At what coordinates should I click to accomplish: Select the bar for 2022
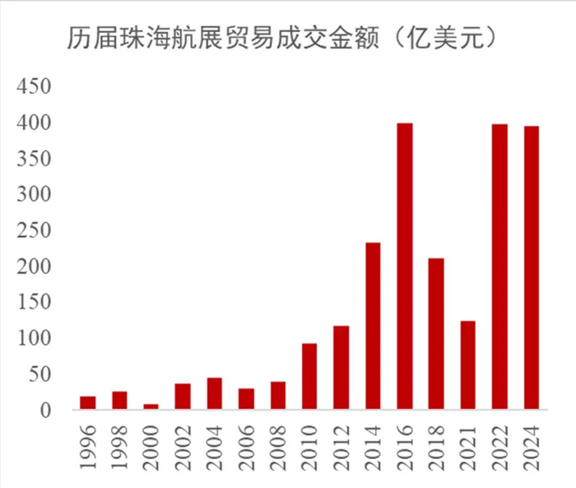click(499, 267)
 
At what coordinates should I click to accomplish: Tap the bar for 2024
click(532, 267)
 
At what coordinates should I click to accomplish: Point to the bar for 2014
click(373, 326)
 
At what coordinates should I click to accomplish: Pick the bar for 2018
click(436, 333)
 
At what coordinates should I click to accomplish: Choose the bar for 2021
click(468, 365)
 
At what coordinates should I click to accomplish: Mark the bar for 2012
click(341, 367)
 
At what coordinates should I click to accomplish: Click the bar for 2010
click(309, 376)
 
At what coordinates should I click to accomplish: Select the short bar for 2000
click(151, 407)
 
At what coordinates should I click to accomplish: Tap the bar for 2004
click(214, 393)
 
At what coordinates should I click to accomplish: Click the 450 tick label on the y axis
click(35, 86)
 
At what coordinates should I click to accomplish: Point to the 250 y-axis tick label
click(35, 230)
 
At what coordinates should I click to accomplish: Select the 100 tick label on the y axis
click(35, 338)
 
